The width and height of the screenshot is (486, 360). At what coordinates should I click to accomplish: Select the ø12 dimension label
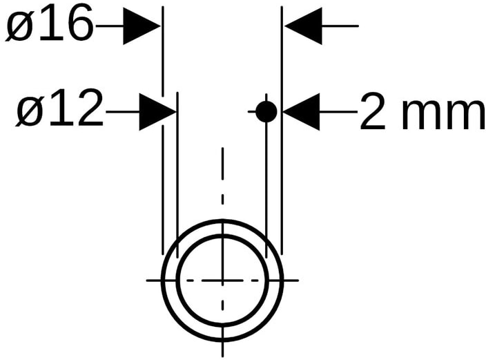click(59, 110)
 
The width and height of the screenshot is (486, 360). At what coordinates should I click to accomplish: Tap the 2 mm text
click(421, 113)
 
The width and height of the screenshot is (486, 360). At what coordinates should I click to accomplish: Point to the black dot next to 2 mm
click(266, 111)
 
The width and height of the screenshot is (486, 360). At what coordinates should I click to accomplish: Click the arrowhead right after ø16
click(142, 26)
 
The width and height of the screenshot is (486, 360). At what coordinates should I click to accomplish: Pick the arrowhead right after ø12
click(157, 111)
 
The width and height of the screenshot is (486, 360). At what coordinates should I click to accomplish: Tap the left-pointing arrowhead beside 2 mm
click(301, 111)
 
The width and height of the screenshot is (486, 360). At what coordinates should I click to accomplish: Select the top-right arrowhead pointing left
click(304, 26)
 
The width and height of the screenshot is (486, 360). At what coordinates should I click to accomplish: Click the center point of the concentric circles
click(222, 280)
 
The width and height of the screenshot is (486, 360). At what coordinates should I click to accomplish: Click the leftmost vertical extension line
click(162, 138)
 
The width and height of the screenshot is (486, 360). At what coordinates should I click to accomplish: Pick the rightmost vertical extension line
click(282, 138)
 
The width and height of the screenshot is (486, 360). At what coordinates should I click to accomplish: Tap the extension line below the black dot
click(266, 180)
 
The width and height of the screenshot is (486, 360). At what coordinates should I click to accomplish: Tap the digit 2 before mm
click(373, 113)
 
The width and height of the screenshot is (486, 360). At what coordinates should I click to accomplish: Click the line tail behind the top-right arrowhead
click(342, 26)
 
